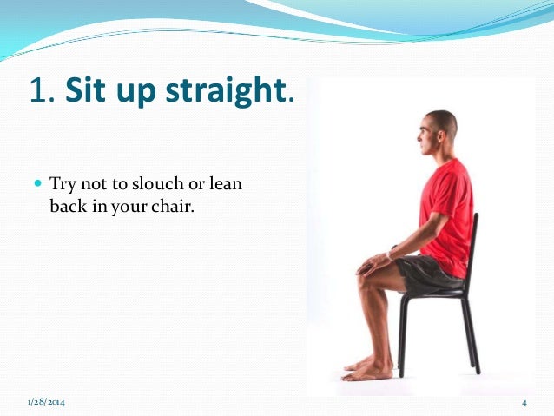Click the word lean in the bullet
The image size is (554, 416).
pos(226,184)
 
